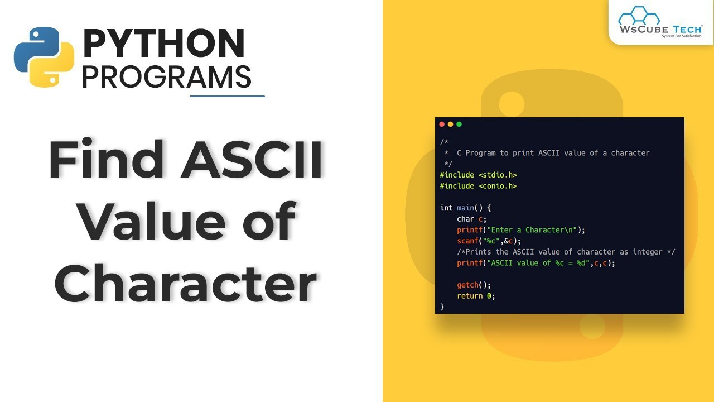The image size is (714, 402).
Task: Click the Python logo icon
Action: click(44, 56)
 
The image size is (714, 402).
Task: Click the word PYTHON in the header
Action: click(163, 44)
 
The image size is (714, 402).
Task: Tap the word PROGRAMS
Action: click(166, 77)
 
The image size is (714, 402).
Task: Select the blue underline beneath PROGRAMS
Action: click(227, 96)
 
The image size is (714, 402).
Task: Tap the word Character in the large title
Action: click(186, 284)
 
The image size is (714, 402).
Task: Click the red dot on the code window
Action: click(442, 124)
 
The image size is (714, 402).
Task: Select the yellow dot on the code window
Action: click(451, 124)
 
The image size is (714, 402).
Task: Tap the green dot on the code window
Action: click(459, 124)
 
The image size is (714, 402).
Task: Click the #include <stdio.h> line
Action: click(478, 175)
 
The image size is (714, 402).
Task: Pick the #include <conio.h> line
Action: click(478, 186)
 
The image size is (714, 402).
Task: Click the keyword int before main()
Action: click(446, 208)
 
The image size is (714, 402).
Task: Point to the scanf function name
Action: click(467, 241)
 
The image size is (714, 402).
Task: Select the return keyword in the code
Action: click(470, 296)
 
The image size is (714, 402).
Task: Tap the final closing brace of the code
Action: click(442, 307)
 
